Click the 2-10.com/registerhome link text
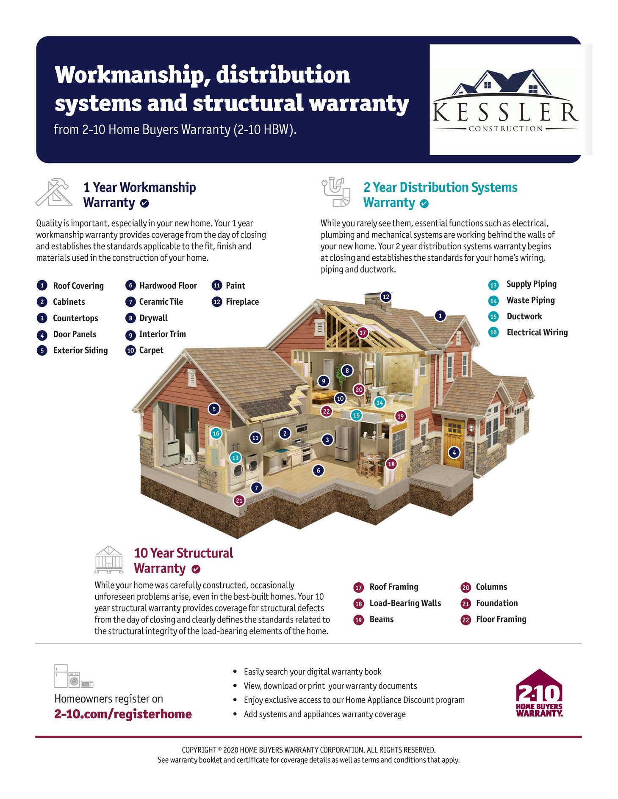[123, 714]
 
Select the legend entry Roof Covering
[78, 286]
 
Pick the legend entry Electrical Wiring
[537, 332]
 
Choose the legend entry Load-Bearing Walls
[405, 603]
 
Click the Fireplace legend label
[242, 302]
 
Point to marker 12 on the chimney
[385, 297]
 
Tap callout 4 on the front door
[454, 453]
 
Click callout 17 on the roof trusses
[362, 333]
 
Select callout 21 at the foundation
[239, 501]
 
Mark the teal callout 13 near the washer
[235, 457]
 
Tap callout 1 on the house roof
[441, 316]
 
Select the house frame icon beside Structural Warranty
[109, 559]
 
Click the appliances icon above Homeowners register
[73, 676]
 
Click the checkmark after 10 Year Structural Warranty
[196, 569]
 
